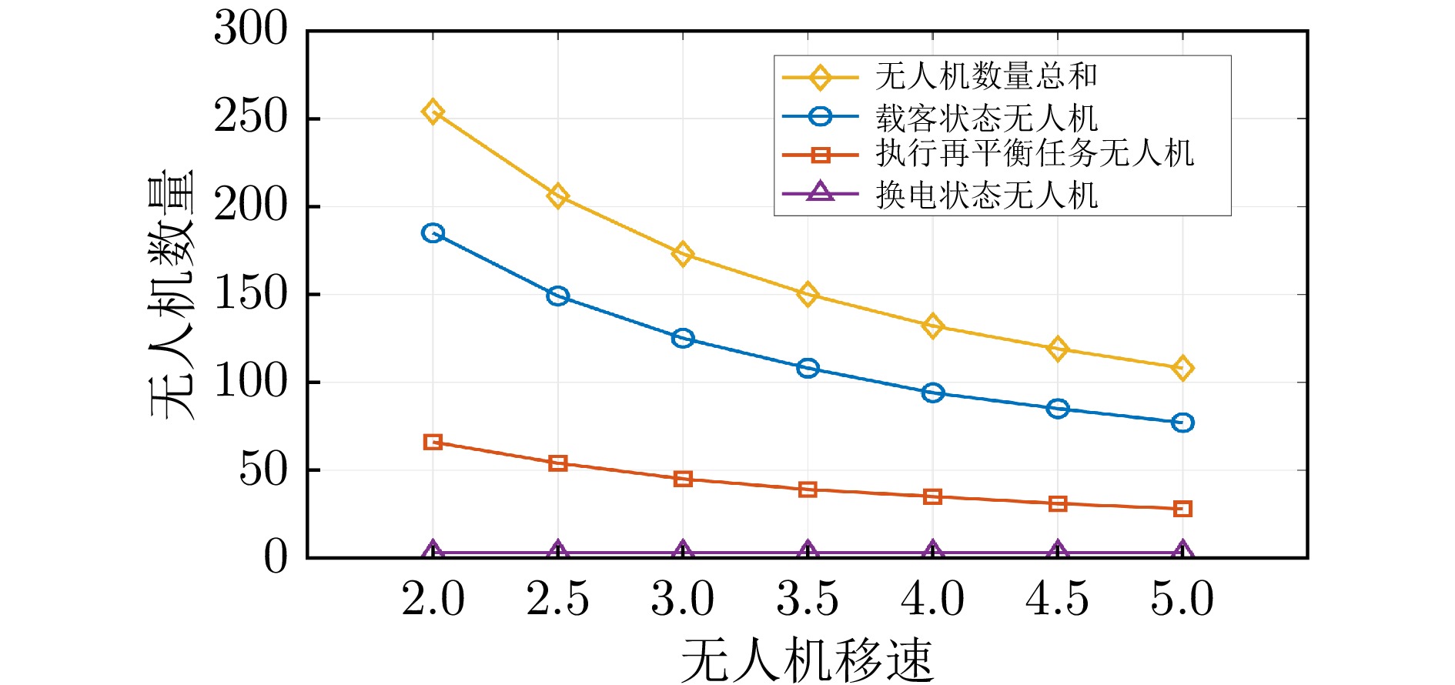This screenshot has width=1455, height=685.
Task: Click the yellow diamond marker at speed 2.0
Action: point(433,112)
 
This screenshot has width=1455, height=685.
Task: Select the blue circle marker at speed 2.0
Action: point(433,233)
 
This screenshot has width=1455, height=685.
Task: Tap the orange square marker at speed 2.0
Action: point(433,442)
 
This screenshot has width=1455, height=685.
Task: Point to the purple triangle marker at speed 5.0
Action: point(1182,551)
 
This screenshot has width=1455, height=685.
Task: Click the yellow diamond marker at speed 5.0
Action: point(1182,369)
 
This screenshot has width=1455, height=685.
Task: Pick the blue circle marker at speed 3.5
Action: point(808,368)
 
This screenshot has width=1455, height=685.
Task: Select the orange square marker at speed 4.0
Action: point(932,496)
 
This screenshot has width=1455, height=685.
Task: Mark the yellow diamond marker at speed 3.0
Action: point(683,254)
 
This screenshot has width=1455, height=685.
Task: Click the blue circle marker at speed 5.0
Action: point(1182,423)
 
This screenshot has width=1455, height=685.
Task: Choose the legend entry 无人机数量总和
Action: point(985,77)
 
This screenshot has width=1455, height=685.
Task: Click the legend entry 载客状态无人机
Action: point(985,118)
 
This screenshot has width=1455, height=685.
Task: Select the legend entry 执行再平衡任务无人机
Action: point(1034,154)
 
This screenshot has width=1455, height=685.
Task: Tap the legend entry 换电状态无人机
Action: point(985,195)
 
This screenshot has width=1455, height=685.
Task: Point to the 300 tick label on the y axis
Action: point(250,31)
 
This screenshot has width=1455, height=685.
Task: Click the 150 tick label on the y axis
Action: point(250,294)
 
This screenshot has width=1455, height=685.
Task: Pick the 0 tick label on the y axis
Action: point(275,557)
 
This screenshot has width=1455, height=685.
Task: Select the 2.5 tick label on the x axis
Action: point(557,599)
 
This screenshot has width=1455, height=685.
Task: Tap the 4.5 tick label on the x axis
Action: point(1057,599)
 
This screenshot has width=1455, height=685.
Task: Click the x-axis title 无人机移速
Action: point(807,660)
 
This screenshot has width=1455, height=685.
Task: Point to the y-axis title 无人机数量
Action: point(172,294)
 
